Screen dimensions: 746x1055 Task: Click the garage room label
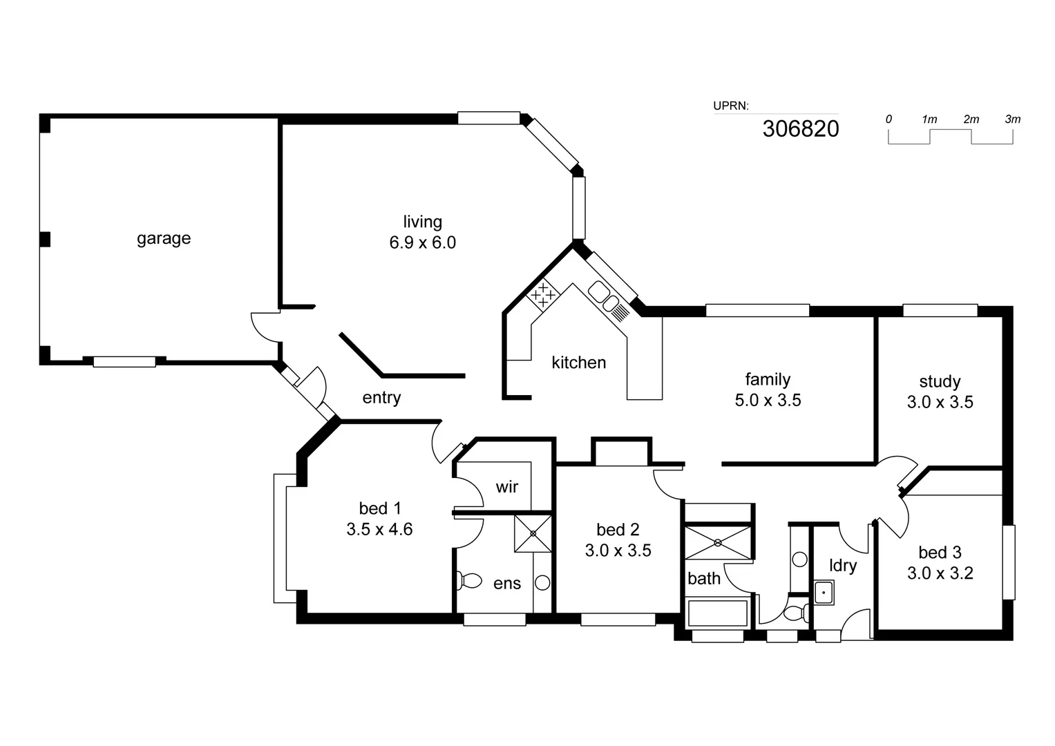(x=163, y=238)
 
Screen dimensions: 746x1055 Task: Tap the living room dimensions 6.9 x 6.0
(x=422, y=243)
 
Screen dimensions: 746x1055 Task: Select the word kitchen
(x=578, y=363)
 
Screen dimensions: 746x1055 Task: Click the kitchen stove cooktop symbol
(x=543, y=295)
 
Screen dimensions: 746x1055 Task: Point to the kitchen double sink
(x=603, y=296)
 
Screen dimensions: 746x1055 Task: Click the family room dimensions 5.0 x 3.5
(x=768, y=401)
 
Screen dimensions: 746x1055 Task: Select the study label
(x=940, y=381)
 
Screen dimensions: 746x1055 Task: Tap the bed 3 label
(x=940, y=553)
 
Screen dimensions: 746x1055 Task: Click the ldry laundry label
(x=843, y=566)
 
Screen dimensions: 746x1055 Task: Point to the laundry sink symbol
(x=824, y=593)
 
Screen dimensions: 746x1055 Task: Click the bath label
(x=703, y=579)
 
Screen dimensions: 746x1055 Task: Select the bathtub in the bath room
(x=718, y=613)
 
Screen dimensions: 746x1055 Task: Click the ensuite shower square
(x=533, y=533)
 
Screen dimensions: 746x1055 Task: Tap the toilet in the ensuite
(x=469, y=580)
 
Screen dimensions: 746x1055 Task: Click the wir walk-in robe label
(x=506, y=487)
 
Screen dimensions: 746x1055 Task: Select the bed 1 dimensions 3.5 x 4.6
(x=379, y=530)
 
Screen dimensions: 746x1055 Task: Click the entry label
(x=381, y=398)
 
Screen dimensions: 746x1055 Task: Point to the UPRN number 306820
(x=801, y=128)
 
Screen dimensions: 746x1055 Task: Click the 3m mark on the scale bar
(x=1012, y=119)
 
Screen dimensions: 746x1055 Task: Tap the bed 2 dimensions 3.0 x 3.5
(x=618, y=551)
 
